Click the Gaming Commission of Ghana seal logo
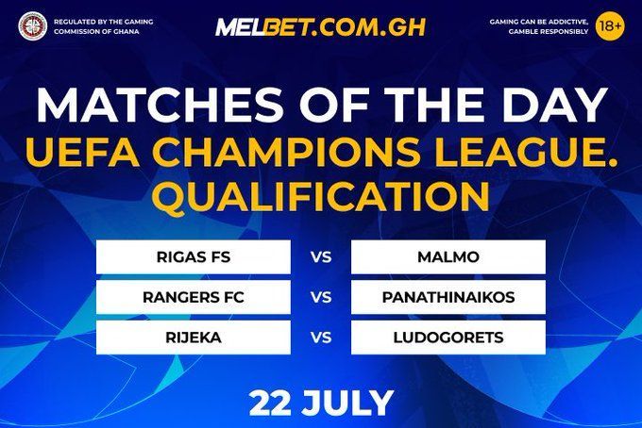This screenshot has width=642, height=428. pyautogui.click(x=33, y=26)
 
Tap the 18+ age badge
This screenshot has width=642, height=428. pyautogui.click(x=610, y=26)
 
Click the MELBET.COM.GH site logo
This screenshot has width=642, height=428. pyautogui.click(x=321, y=27)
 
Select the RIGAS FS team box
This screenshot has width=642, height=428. pyautogui.click(x=194, y=256)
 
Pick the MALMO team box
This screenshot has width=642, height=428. pyautogui.click(x=448, y=256)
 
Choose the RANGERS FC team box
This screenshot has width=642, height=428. pyautogui.click(x=194, y=297)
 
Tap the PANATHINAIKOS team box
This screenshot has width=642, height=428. pyautogui.click(x=448, y=297)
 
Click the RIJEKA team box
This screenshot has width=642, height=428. pyautogui.click(x=194, y=337)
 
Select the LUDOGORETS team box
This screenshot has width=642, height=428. pyautogui.click(x=448, y=337)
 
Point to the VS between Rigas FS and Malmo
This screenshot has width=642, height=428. pyautogui.click(x=321, y=256)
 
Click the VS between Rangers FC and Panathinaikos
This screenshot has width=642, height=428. pyautogui.click(x=321, y=297)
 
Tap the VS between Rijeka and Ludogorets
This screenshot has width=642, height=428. pyautogui.click(x=321, y=337)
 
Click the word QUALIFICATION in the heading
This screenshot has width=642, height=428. pyautogui.click(x=321, y=197)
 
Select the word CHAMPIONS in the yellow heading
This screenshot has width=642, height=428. pyautogui.click(x=294, y=153)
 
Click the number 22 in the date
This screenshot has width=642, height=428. pyautogui.click(x=272, y=403)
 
